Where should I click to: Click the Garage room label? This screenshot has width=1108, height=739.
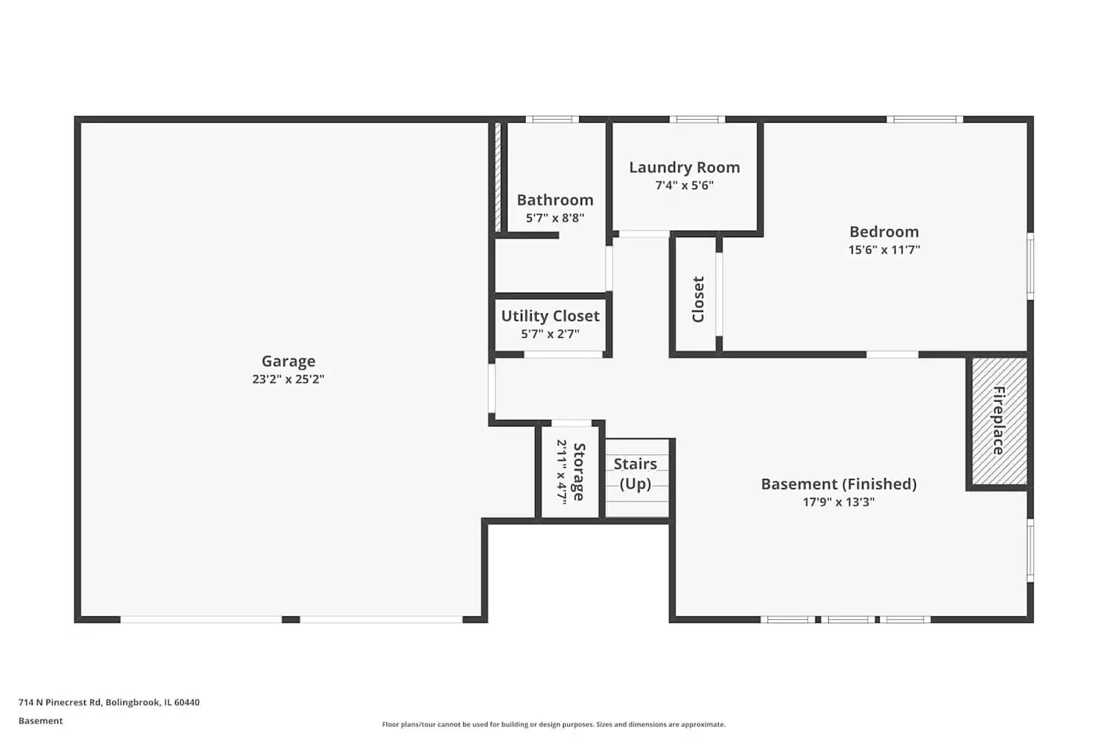tap(288, 361)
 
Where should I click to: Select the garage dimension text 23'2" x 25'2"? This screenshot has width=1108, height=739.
tap(288, 379)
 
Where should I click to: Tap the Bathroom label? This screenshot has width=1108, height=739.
tap(555, 200)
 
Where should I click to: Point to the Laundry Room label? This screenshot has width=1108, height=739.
tap(684, 168)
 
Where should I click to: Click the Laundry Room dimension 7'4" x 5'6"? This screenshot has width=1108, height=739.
tap(684, 185)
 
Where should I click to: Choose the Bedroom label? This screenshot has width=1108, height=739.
tap(883, 232)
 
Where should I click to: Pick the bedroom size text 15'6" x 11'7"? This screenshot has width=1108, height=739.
tap(883, 250)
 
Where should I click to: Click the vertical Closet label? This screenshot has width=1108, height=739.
tap(698, 299)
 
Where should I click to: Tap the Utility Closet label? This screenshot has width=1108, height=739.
tap(550, 316)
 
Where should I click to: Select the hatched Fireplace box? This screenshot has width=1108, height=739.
tap(999, 420)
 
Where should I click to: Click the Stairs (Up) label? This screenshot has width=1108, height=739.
tap(635, 474)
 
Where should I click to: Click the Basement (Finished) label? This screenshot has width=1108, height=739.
tap(838, 484)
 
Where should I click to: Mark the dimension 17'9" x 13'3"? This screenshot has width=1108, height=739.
tap(838, 502)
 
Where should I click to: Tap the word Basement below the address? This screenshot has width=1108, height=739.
tap(41, 721)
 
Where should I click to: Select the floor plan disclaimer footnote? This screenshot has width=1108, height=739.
tap(553, 724)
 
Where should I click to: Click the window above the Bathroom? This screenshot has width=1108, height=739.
tap(552, 119)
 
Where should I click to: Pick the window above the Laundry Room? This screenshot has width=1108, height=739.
tap(697, 119)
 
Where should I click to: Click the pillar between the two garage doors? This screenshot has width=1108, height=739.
tap(291, 619)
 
